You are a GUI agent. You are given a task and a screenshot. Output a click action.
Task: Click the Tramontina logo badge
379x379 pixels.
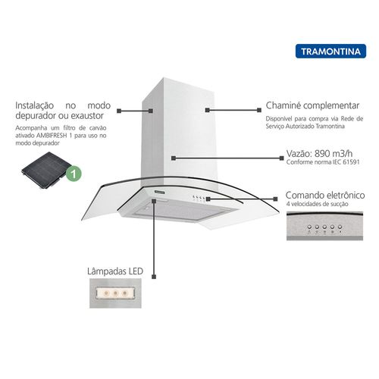coord(330,52)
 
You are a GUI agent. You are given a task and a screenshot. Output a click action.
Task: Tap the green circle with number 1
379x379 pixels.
coord(74,174)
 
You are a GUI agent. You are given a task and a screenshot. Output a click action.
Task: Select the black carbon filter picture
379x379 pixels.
coord(47,170)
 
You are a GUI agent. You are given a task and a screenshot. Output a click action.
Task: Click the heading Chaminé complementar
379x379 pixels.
coord(312,105)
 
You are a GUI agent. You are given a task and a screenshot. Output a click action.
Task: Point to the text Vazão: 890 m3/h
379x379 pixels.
coord(319,153)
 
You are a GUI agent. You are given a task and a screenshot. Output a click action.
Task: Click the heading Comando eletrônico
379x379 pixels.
coord(325,195)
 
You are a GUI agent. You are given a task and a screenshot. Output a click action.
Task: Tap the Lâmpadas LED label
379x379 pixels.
coord(115,271)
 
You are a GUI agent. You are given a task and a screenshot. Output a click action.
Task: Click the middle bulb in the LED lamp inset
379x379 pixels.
coord(115,293)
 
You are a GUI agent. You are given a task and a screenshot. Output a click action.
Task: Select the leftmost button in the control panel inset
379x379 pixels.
coord(309,227)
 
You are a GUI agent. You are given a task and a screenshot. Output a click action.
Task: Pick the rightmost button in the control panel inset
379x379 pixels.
coord(340,227)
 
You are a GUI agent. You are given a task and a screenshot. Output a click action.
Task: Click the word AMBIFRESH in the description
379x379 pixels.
coord(52,136)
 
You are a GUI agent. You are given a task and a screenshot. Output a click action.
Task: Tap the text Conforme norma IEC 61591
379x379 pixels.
coord(323,162)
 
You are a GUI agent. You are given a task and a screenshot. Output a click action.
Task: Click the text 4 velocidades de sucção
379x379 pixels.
coord(317,204)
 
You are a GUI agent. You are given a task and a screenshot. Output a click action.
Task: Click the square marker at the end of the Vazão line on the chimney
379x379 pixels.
coord(174,158)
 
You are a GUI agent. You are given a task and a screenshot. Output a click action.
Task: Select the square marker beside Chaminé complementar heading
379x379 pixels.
coord(259,110)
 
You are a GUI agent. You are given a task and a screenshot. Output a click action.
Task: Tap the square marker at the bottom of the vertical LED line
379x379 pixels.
coord(154,277)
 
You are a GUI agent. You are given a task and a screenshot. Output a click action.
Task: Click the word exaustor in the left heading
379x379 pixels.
coord(87,116)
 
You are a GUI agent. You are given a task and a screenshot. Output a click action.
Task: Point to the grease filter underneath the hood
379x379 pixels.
coord(181,210)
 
